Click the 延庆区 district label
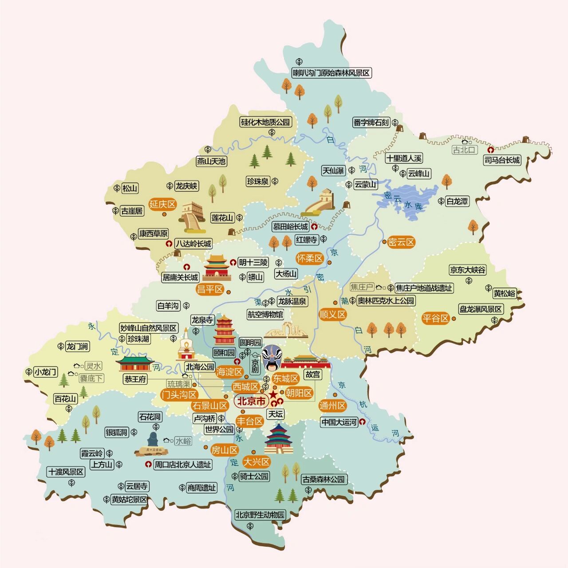162,205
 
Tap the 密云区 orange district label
401,242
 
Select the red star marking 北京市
273,395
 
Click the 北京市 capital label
251,402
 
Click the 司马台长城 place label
502,160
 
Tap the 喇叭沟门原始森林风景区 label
331,73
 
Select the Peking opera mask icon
270,358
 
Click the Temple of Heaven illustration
279,439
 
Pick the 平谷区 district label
435,318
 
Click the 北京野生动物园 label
260,515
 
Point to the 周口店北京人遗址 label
182,465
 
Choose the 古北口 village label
464,150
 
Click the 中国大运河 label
339,422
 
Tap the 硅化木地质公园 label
265,122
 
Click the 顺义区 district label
332,315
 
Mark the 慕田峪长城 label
290,226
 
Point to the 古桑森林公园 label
323,479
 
